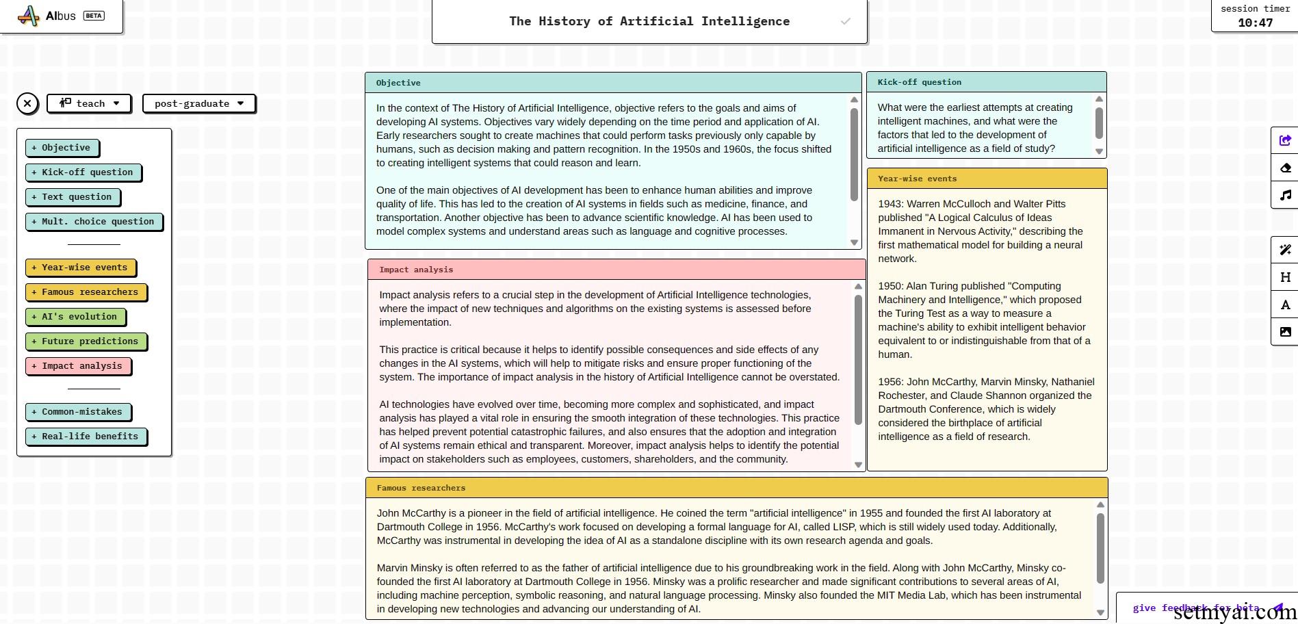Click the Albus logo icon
pyautogui.click(x=28, y=16)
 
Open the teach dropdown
pyautogui.click(x=89, y=103)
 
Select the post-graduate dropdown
pyautogui.click(x=198, y=103)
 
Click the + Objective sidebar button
pyautogui.click(x=62, y=148)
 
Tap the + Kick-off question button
pyautogui.click(x=83, y=172)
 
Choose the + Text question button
pyautogui.click(x=72, y=197)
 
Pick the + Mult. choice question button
pyautogui.click(x=94, y=222)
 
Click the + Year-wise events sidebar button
pyautogui.click(x=80, y=268)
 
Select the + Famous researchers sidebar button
pyautogui.click(x=86, y=292)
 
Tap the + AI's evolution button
pyautogui.click(x=75, y=317)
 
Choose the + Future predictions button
pyautogui.click(x=86, y=341)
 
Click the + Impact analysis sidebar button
pyautogui.click(x=78, y=366)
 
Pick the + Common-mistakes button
pyautogui.click(x=78, y=412)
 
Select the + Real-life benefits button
pyautogui.click(x=86, y=437)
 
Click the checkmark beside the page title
pyautogui.click(x=846, y=21)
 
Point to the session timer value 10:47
pyautogui.click(x=1255, y=23)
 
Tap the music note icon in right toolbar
pyautogui.click(x=1285, y=196)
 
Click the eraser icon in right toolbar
pyautogui.click(x=1285, y=168)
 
